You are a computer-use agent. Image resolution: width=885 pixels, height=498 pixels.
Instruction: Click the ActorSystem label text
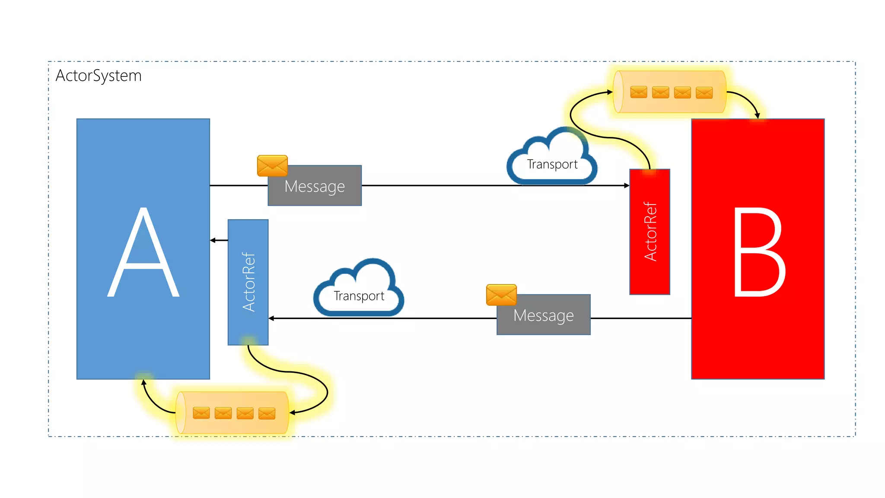pyautogui.click(x=99, y=76)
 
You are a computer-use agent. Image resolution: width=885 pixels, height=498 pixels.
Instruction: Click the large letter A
pyautogui.click(x=143, y=253)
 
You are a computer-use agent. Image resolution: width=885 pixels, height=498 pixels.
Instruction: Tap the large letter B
pyautogui.click(x=759, y=253)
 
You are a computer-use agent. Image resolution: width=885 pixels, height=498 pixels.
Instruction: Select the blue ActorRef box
pyautogui.click(x=248, y=282)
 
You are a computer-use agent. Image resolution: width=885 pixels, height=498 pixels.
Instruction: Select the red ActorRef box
pyautogui.click(x=649, y=232)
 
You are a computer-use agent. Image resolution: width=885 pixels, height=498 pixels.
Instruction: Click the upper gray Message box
pyautogui.click(x=315, y=186)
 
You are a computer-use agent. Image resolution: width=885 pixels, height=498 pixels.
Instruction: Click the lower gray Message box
pyautogui.click(x=544, y=315)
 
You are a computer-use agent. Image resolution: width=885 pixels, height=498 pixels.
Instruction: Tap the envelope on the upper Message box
pyautogui.click(x=272, y=166)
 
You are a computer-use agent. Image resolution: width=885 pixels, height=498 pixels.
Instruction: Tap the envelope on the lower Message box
pyautogui.click(x=501, y=295)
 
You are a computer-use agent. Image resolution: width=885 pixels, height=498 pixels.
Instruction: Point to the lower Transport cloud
pyautogui.click(x=359, y=290)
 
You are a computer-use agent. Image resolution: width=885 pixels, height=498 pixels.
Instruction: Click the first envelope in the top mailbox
pyautogui.click(x=639, y=92)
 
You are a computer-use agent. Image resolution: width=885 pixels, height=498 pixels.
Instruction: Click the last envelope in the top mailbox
pyautogui.click(x=704, y=93)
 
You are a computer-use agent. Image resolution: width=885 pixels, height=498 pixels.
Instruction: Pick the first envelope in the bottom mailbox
pyautogui.click(x=201, y=413)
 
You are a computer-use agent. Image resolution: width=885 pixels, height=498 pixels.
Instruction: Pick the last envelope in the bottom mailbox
pyautogui.click(x=267, y=413)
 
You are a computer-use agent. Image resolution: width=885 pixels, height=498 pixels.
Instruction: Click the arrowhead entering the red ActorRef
pyautogui.click(x=627, y=185)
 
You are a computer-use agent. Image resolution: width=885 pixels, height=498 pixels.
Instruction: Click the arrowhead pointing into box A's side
pyautogui.click(x=213, y=240)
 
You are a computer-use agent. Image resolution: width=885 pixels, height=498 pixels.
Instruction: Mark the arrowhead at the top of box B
pyautogui.click(x=757, y=115)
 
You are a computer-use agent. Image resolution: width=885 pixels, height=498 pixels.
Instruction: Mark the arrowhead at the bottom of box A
pyautogui.click(x=144, y=382)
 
